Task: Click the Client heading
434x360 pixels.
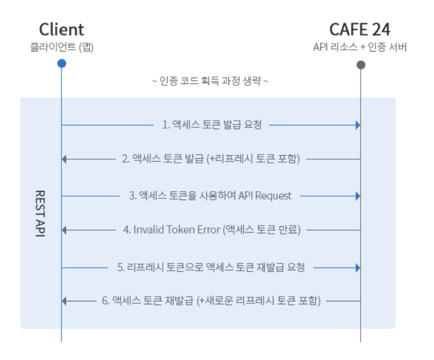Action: coord(62,29)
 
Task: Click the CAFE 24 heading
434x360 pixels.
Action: coord(360,29)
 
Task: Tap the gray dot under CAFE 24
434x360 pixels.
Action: coord(361,64)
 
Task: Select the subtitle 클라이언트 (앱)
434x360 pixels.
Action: coord(62,47)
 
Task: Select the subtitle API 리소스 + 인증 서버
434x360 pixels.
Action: coord(360,47)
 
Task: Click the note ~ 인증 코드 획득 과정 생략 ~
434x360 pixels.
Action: coord(210,81)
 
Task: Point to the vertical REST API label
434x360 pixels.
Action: coord(40,214)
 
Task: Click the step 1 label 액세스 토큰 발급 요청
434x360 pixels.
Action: coord(211,125)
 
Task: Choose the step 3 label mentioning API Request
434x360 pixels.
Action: coord(210,195)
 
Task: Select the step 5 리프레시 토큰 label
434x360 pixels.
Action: coord(211,268)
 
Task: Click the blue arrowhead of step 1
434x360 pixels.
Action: coord(358,125)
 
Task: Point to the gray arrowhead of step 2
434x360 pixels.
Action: coord(65,159)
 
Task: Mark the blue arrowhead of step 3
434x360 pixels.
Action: coord(358,195)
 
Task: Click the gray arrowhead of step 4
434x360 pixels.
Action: coord(65,230)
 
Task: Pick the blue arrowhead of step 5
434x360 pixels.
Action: coord(358,268)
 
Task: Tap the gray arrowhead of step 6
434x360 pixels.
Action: coord(65,301)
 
